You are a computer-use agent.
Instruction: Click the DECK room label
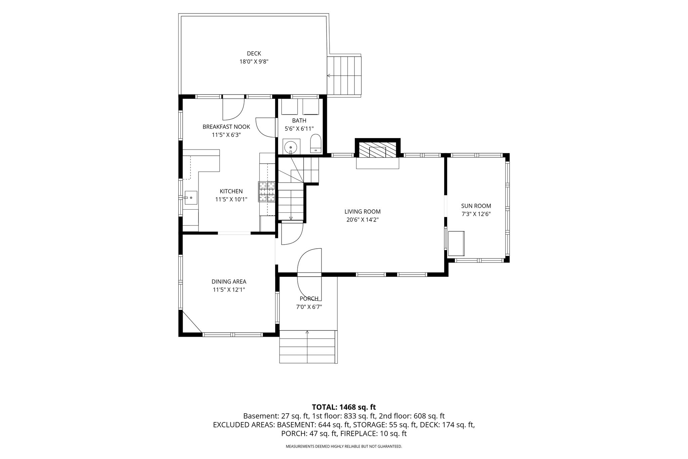[254, 53]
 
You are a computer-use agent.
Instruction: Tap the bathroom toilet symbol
[316, 143]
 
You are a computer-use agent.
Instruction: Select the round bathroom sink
[290, 147]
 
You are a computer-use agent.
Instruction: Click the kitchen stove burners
[267, 192]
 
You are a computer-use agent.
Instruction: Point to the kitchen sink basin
[191, 198]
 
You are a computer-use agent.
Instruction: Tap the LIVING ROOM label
[362, 212]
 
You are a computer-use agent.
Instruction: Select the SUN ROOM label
[476, 206]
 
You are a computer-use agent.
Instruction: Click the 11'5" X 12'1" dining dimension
[229, 290]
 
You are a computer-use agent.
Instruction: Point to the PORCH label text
[309, 299]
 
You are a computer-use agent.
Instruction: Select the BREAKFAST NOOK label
[226, 127]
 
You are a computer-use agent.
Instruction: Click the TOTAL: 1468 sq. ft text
[344, 407]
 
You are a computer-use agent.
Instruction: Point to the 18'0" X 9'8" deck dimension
[254, 61]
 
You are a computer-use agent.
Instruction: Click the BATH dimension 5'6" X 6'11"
[299, 128]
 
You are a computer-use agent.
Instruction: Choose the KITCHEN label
[231, 191]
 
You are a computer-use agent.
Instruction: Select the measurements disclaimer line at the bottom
[344, 447]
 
